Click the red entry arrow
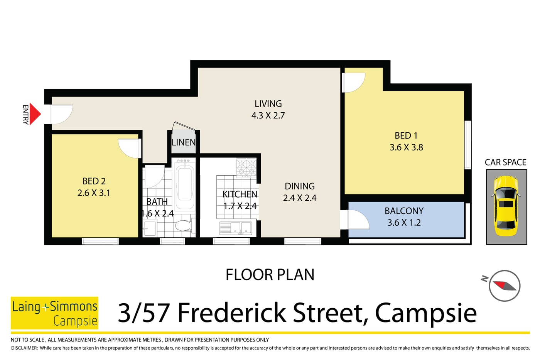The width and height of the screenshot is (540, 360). tap(35, 114)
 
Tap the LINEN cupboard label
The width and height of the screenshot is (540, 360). tap(184, 142)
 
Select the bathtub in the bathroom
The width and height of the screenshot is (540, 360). tap(185, 185)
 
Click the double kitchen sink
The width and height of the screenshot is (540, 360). tap(236, 228)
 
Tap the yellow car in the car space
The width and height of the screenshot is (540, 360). tap(506, 206)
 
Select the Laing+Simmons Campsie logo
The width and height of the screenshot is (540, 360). tap(54, 313)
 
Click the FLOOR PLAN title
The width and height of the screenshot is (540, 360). tap(270, 274)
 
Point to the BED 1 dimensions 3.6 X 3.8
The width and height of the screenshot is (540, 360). tap(407, 147)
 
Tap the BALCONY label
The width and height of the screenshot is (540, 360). tap(404, 211)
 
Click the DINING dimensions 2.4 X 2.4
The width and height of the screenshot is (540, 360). tap(300, 198)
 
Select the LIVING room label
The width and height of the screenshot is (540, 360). tap(268, 104)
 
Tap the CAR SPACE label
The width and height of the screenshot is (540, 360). tap(506, 162)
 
